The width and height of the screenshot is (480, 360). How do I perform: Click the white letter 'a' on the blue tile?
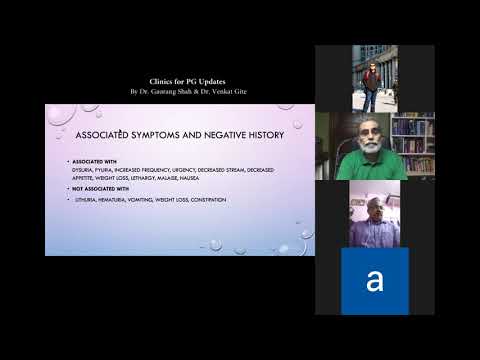pos(375,281)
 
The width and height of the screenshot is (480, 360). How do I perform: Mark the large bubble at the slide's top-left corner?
pos(58,113)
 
